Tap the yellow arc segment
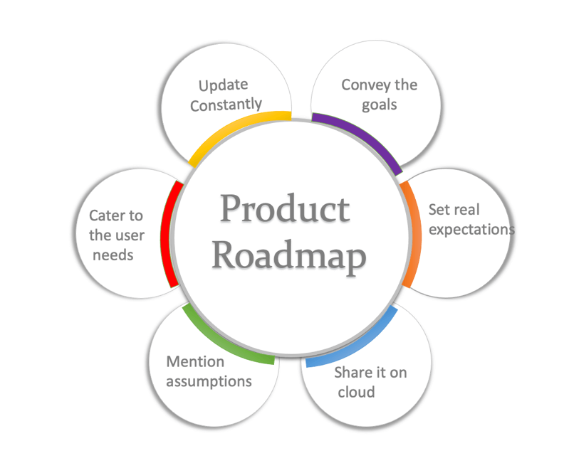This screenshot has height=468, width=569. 235,127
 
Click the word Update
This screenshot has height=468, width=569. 223,86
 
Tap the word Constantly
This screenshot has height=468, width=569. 226,105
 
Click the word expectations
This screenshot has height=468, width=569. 471,230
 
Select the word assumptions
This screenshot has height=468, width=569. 209,381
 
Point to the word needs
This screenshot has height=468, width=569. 113,254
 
